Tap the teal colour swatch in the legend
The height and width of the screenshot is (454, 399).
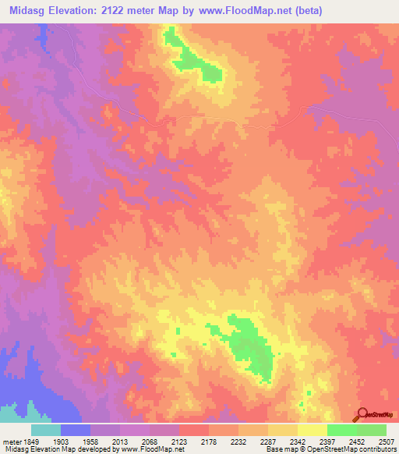(46, 430)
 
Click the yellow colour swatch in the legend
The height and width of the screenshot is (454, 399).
(312, 430)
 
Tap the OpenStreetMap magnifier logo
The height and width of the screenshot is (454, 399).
(364, 413)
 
